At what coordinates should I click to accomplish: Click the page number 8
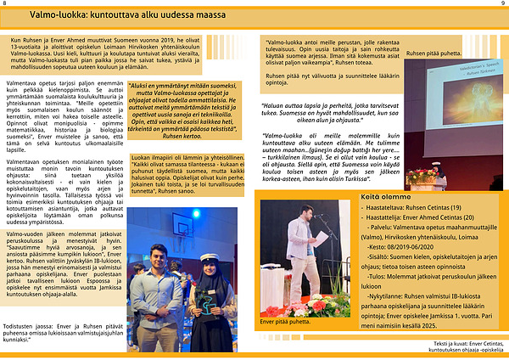(6, 3)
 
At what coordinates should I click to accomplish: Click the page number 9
(503, 3)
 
